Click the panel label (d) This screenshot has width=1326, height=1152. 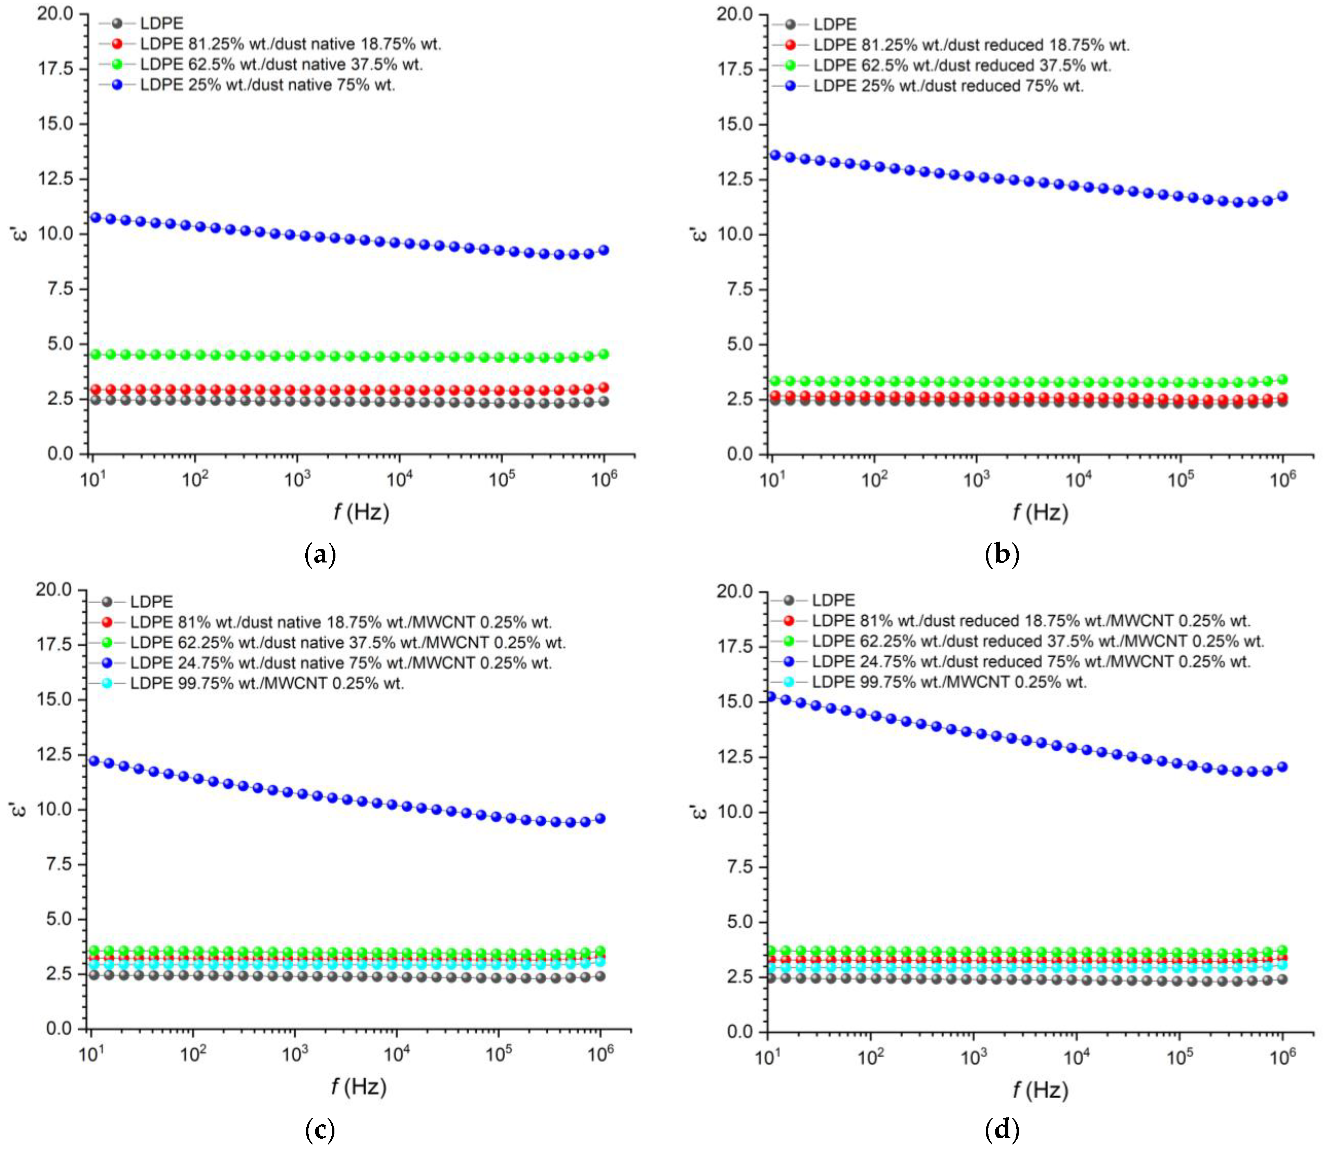[1002, 1129]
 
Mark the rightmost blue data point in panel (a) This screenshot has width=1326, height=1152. [603, 250]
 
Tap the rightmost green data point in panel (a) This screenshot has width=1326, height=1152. [603, 354]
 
